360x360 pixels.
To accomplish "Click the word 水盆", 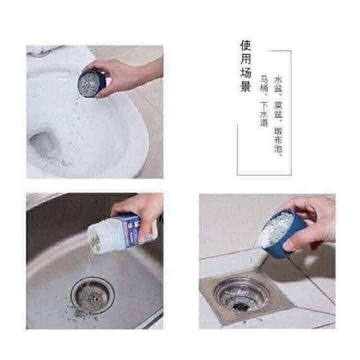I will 278,84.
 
